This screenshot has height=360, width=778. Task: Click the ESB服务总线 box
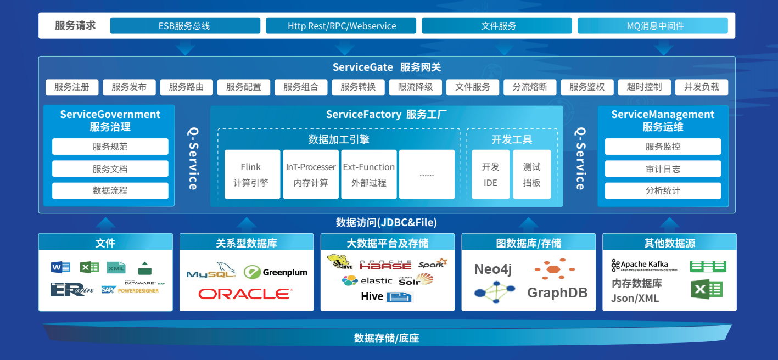pyautogui.click(x=185, y=26)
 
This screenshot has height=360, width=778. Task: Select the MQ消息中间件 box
pyautogui.click(x=652, y=26)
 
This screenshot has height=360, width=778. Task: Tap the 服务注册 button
pyautogui.click(x=71, y=87)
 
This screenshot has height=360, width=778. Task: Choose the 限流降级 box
pyautogui.click(x=416, y=87)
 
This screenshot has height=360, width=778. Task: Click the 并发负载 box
pyautogui.click(x=701, y=87)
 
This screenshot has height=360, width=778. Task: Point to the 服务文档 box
pyautogui.click(x=110, y=169)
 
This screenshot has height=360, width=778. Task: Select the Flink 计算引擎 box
pyautogui.click(x=251, y=175)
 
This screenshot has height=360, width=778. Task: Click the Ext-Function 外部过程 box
pyautogui.click(x=368, y=175)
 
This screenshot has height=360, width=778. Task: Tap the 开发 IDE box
pyautogui.click(x=490, y=175)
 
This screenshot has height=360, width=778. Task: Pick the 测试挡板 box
pyautogui.click(x=531, y=175)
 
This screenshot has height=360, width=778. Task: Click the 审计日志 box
pyautogui.click(x=663, y=169)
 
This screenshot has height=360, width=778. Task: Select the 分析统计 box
pyautogui.click(x=663, y=190)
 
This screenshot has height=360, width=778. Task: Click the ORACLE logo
pyautogui.click(x=245, y=294)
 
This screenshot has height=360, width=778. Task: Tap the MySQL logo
pyautogui.click(x=211, y=272)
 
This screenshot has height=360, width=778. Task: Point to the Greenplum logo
pyautogui.click(x=276, y=272)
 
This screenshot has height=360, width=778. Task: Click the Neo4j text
pyautogui.click(x=492, y=269)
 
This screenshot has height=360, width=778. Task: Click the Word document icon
pyautogui.click(x=60, y=267)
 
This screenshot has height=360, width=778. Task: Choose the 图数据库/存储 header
pyautogui.click(x=528, y=243)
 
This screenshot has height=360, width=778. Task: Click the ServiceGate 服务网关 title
pyautogui.click(x=387, y=67)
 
